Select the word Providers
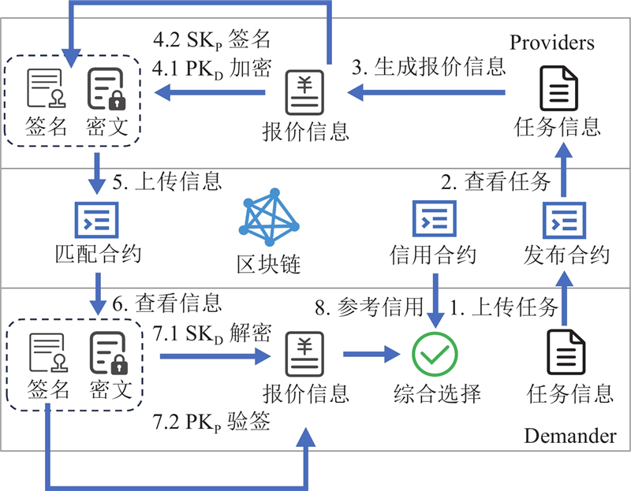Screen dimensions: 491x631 click(552, 42)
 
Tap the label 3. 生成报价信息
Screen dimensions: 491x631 click(428, 66)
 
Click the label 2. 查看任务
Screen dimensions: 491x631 click(495, 182)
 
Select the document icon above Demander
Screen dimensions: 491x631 click(567, 353)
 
